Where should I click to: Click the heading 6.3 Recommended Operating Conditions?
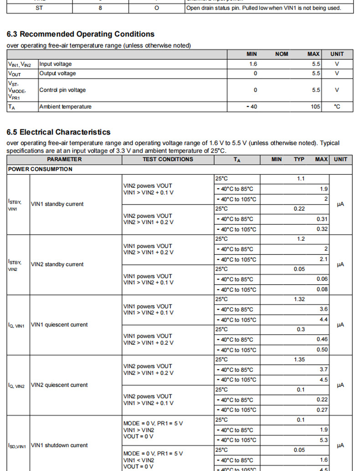click(80, 34)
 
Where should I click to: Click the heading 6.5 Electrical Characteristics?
click(58, 132)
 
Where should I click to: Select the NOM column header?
click(282, 54)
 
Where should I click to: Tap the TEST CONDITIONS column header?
click(168, 159)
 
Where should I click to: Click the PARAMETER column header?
click(64, 159)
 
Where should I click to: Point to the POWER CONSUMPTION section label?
click(40, 169)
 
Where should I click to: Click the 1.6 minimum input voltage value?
click(253, 64)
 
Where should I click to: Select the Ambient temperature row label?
click(65, 107)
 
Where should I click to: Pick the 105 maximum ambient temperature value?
click(316, 107)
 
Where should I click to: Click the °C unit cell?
click(337, 107)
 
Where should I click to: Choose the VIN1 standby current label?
click(57, 204)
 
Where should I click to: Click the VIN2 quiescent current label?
click(59, 385)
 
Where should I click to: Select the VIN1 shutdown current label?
click(59, 445)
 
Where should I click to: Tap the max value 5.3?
click(324, 440)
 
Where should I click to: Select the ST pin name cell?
click(39, 8)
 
